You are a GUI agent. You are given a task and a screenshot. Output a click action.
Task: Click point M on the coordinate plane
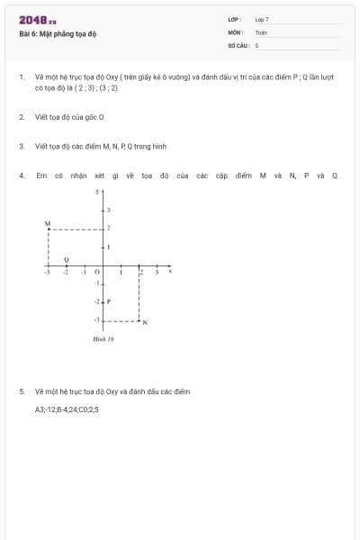tap(48, 228)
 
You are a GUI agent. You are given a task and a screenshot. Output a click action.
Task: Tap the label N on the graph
tap(145, 322)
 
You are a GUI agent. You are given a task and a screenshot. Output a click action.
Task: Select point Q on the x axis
tap(66, 266)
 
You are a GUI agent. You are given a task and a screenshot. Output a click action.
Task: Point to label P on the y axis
tap(108, 301)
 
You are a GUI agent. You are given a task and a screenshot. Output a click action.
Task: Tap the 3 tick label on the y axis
tap(109, 209)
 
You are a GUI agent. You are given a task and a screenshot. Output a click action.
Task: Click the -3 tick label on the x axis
tap(48, 272)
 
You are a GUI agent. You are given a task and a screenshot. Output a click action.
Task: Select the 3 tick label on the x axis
tap(157, 272)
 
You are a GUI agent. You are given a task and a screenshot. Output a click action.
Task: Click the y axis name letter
tap(97, 192)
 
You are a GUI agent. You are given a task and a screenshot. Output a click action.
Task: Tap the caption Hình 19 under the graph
tap(103, 339)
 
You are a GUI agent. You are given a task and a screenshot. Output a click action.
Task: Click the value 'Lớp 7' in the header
tap(262, 19)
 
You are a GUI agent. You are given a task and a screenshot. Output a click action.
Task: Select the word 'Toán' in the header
tap(261, 31)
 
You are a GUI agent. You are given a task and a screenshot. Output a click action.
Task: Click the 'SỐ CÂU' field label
tap(238, 44)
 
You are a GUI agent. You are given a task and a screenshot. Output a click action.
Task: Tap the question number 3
tap(21, 146)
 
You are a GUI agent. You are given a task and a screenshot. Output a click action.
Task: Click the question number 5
tap(21, 391)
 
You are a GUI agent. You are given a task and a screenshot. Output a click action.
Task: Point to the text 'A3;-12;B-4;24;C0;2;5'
tap(67, 409)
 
